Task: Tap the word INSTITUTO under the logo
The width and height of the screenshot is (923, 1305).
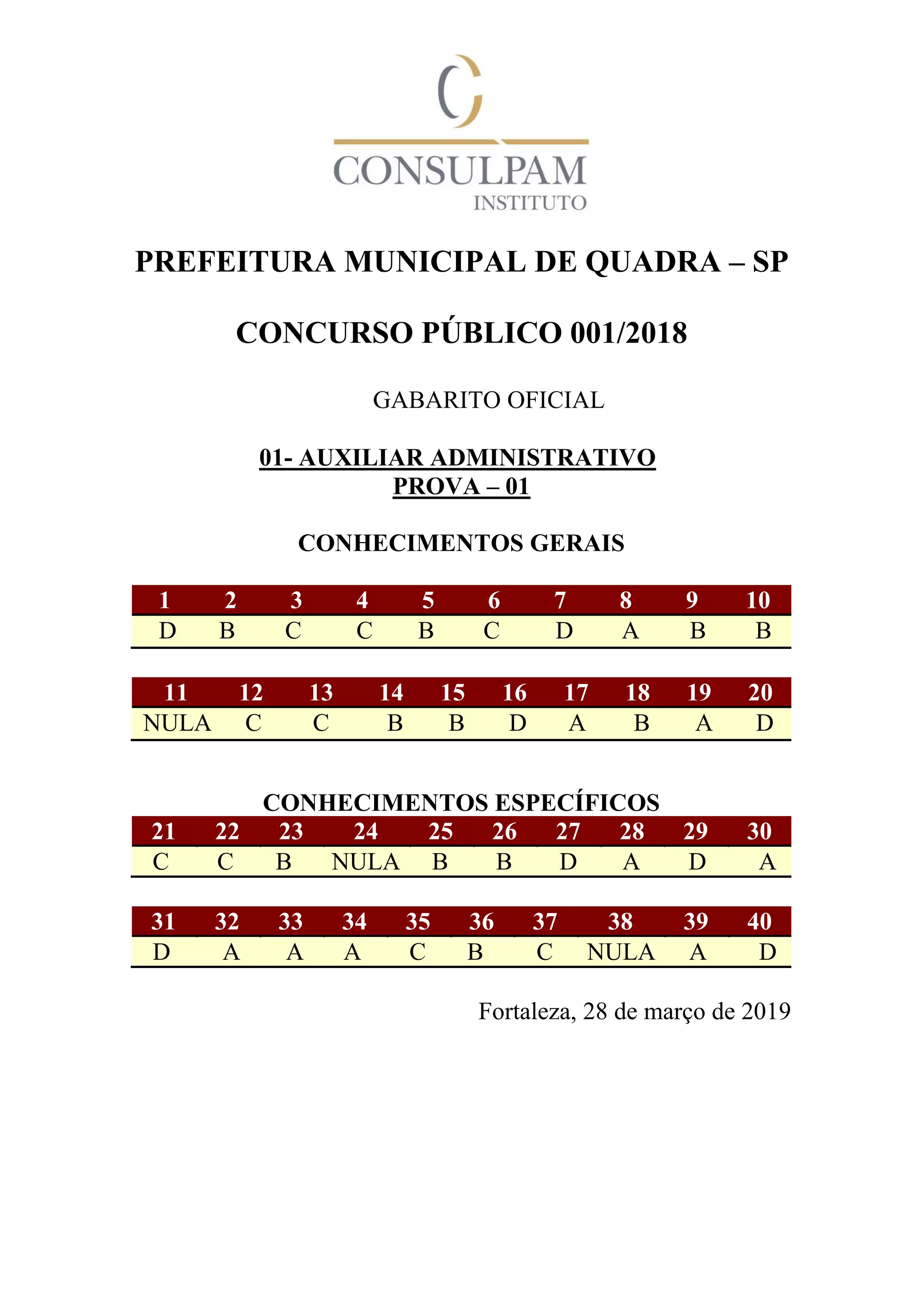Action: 530,203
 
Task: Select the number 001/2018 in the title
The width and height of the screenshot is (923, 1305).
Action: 629,333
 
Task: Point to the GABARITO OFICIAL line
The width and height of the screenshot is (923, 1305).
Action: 488,400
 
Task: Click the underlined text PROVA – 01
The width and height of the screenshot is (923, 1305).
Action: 461,487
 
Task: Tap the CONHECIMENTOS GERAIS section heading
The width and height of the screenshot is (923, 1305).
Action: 461,543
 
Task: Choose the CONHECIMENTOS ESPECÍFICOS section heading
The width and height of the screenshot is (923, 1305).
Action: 461,803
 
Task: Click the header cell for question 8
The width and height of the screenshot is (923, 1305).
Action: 626,600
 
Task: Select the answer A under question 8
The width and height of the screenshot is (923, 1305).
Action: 630,631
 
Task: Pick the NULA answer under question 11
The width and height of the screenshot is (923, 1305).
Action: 177,724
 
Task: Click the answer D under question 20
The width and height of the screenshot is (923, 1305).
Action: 764,724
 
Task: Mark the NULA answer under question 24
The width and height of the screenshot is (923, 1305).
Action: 366,862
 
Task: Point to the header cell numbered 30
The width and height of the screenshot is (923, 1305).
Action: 759,831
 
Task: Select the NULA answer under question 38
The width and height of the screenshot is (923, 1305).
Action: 621,952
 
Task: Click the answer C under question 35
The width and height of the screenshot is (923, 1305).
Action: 417,952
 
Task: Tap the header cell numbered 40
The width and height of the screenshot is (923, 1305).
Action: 759,922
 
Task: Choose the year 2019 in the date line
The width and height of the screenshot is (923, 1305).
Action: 766,1011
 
